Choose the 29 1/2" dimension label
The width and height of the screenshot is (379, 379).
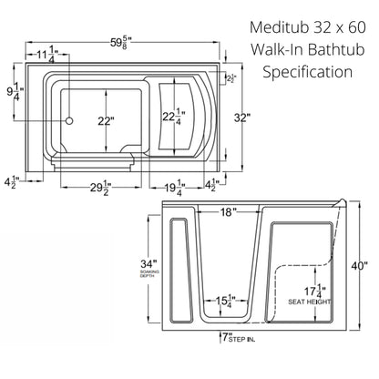(x=100, y=189)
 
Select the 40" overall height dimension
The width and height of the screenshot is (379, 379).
(x=360, y=266)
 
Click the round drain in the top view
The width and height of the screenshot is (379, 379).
(x=68, y=120)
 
